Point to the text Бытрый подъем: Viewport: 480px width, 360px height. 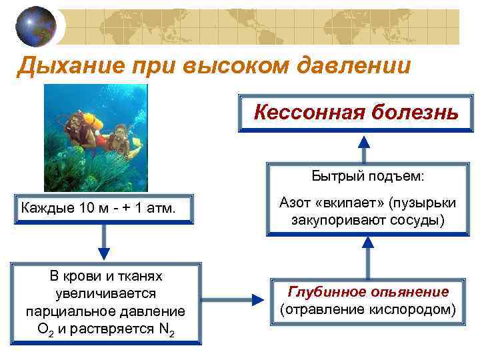pyautogui.click(x=367, y=177)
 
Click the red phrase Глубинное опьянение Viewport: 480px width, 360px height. pyautogui.click(x=367, y=292)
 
